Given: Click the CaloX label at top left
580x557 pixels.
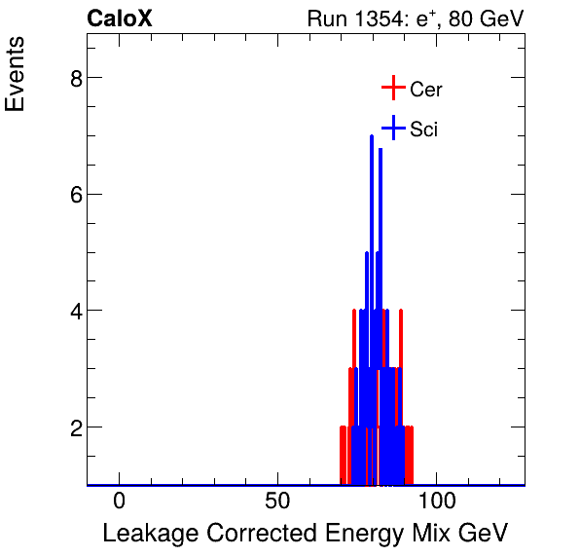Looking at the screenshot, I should pos(120,19).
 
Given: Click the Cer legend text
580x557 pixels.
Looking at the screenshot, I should pos(426,90).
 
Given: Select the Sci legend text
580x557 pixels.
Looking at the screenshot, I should pos(424,129).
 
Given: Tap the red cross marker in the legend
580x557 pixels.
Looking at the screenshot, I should pos(392,89).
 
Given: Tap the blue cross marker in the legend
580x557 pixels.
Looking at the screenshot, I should pos(392,128).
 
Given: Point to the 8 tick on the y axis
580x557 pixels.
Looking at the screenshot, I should pos(75,78).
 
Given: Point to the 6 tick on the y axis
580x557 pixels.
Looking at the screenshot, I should pos(75,195).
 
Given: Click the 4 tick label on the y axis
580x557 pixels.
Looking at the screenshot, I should pos(75,312).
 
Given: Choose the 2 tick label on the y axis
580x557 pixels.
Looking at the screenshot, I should pos(75,427).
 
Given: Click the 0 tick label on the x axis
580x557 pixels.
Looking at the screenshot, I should pos(120,502).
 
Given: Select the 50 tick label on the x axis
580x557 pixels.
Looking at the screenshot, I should pos(278,502).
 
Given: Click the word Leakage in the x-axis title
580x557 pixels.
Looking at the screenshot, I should pos(145,534).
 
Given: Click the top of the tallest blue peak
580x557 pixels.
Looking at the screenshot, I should pos(372,136).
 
